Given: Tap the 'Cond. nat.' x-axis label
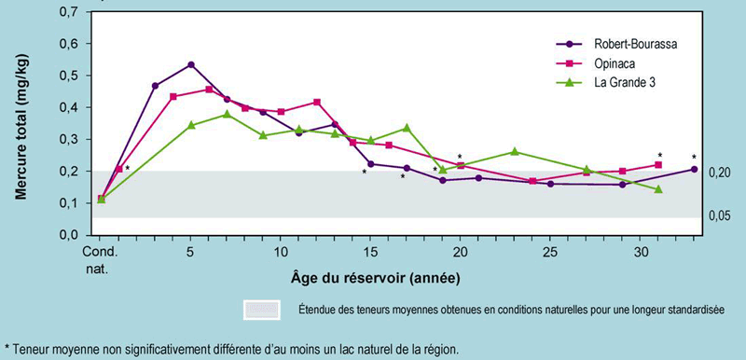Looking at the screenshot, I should point(100,258).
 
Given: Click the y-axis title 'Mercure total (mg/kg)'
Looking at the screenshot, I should point(21,124).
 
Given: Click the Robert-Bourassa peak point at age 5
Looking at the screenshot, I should point(191,64).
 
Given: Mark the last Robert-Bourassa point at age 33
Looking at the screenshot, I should point(694,169).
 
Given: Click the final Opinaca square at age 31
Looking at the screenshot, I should point(658,165).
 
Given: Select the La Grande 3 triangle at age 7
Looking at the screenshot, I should point(227,114).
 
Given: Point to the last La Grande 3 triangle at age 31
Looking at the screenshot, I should point(658,189).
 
